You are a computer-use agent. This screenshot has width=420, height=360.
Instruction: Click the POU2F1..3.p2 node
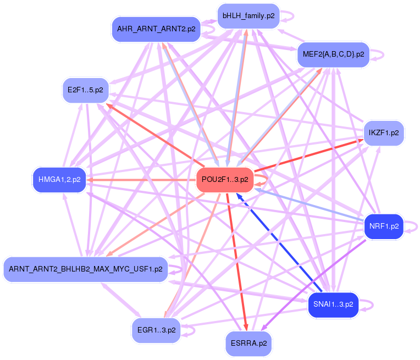tap(224, 180)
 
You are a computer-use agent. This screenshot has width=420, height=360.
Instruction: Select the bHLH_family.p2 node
tap(248, 16)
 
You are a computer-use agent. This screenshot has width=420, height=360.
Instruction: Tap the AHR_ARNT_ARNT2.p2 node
tap(156, 29)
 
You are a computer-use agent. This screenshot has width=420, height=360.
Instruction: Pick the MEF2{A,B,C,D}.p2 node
tap(333, 54)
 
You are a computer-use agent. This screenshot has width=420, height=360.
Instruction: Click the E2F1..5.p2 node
tap(85, 90)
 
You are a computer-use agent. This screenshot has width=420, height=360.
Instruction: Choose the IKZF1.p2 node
tap(384, 133)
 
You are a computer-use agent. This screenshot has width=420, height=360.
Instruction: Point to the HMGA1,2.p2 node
tap(59, 180)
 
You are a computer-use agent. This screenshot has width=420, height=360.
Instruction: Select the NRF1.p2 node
tap(384, 226)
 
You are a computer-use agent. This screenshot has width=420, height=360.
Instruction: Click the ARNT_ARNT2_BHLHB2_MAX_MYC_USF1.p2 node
tap(85, 269)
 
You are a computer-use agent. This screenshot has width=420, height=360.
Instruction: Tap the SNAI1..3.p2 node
tap(333, 304)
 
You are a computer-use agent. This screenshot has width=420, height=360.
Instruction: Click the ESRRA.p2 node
tap(248, 344)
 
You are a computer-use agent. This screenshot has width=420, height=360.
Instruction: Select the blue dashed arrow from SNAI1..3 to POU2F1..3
tap(280, 242)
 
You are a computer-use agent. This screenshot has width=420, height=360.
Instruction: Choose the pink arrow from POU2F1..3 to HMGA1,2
tap(143, 180)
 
